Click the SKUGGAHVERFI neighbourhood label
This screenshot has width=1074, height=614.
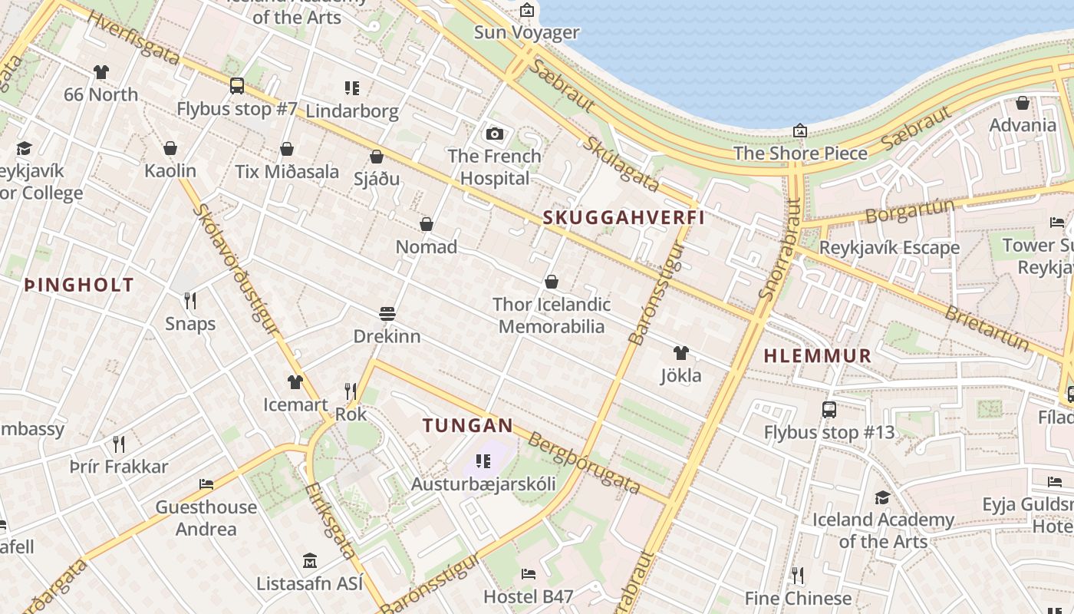624,217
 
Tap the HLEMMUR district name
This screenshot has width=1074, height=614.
818,356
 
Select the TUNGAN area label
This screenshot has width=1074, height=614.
467,425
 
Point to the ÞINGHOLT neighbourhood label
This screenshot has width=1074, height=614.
79,286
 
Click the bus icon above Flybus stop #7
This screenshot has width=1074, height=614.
237,86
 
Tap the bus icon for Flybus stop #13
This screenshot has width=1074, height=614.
829,409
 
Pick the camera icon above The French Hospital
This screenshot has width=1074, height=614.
495,134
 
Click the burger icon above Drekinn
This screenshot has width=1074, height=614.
387,314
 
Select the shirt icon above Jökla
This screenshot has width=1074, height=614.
680,353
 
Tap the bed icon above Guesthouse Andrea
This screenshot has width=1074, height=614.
206,484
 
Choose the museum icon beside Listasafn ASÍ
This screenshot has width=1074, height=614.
310,561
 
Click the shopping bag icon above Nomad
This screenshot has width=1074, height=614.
427,224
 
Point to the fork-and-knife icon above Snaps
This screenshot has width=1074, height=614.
190,300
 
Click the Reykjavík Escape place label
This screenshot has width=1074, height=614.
889,248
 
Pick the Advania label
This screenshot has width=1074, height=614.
1023,125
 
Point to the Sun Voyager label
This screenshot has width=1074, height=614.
526,32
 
